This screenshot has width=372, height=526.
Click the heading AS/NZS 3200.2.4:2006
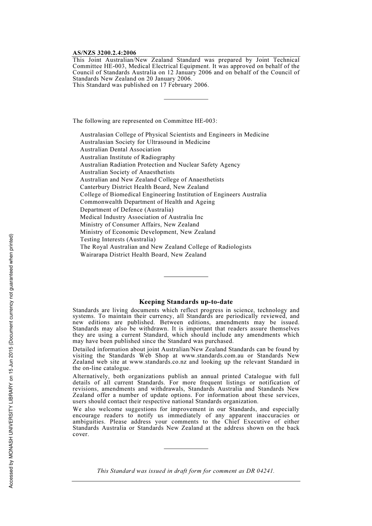(x=104, y=53)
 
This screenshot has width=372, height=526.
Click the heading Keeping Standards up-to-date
(x=186, y=302)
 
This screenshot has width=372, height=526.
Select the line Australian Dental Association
(x=120, y=149)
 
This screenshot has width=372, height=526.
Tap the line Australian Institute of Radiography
(x=128, y=157)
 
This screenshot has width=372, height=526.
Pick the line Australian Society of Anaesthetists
(x=127, y=172)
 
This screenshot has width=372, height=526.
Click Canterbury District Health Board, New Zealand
(x=144, y=187)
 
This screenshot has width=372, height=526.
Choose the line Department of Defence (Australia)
(x=126, y=210)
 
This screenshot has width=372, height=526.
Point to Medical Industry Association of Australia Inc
(x=141, y=217)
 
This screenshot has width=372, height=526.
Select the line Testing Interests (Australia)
(x=118, y=239)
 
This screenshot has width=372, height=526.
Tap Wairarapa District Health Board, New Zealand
(x=143, y=255)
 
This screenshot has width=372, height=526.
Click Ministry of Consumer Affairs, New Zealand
(x=139, y=224)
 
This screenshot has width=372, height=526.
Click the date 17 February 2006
(x=184, y=85)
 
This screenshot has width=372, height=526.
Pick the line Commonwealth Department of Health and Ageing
(x=147, y=202)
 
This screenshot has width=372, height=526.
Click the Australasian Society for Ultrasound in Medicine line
(x=145, y=142)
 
